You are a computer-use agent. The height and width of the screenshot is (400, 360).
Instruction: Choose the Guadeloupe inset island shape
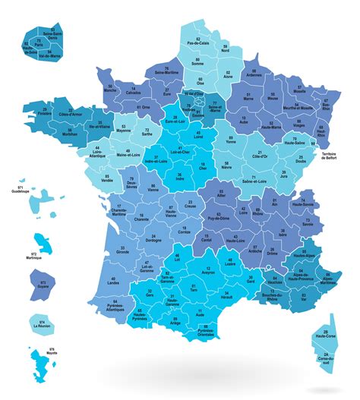click(46, 201)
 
